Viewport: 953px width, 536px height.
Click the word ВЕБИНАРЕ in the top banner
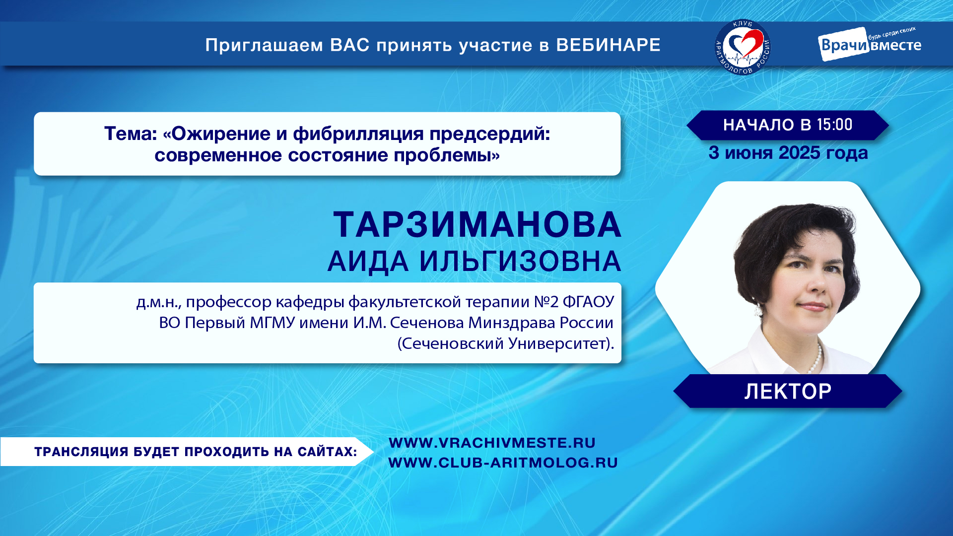[608, 45]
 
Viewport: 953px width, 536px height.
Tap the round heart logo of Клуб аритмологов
[743, 48]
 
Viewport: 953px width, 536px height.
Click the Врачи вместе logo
[870, 44]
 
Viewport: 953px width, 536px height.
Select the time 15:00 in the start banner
[834, 125]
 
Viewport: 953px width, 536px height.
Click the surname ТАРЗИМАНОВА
[477, 225]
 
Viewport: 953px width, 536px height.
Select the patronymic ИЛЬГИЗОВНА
[520, 262]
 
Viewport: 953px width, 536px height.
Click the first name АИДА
[368, 262]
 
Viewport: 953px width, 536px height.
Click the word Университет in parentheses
[552, 343]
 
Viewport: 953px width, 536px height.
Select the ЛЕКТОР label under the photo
[788, 392]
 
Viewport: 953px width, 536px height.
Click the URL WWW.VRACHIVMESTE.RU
[492, 443]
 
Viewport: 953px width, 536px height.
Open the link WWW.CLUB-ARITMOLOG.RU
[503, 463]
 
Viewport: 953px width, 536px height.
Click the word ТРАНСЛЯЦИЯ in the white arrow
[81, 452]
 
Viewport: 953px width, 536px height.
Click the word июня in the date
[749, 153]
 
